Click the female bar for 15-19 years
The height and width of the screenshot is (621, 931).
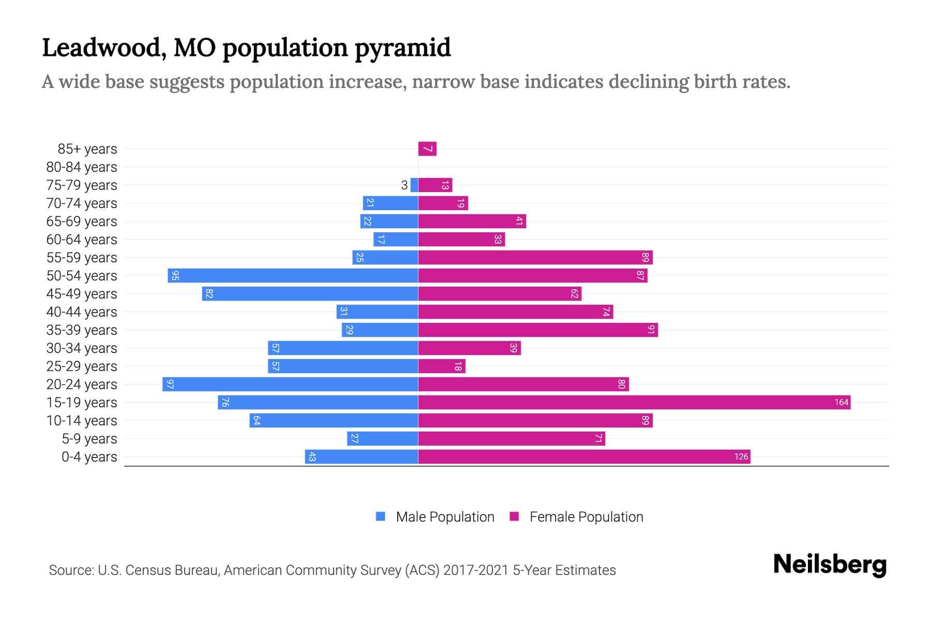(x=634, y=402)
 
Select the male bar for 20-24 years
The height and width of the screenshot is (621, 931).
(x=290, y=384)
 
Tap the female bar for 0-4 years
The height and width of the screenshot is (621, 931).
(x=583, y=456)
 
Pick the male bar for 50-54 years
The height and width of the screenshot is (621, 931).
(x=292, y=275)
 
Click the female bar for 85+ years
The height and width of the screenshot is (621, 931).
(x=427, y=149)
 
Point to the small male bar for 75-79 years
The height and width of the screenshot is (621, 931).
(x=414, y=185)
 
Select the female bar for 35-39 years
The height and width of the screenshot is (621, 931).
(x=538, y=330)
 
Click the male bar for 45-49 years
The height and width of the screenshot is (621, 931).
(x=309, y=293)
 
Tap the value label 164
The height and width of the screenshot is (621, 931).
(x=841, y=402)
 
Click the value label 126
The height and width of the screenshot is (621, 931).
(x=741, y=456)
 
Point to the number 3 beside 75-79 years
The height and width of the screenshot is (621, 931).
(x=404, y=185)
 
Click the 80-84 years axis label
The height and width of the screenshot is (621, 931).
(x=82, y=167)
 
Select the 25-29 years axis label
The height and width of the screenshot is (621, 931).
(x=82, y=366)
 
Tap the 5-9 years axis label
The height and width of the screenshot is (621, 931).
(x=89, y=438)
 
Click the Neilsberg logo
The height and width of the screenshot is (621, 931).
(x=830, y=565)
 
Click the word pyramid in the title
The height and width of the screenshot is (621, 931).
(x=402, y=48)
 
